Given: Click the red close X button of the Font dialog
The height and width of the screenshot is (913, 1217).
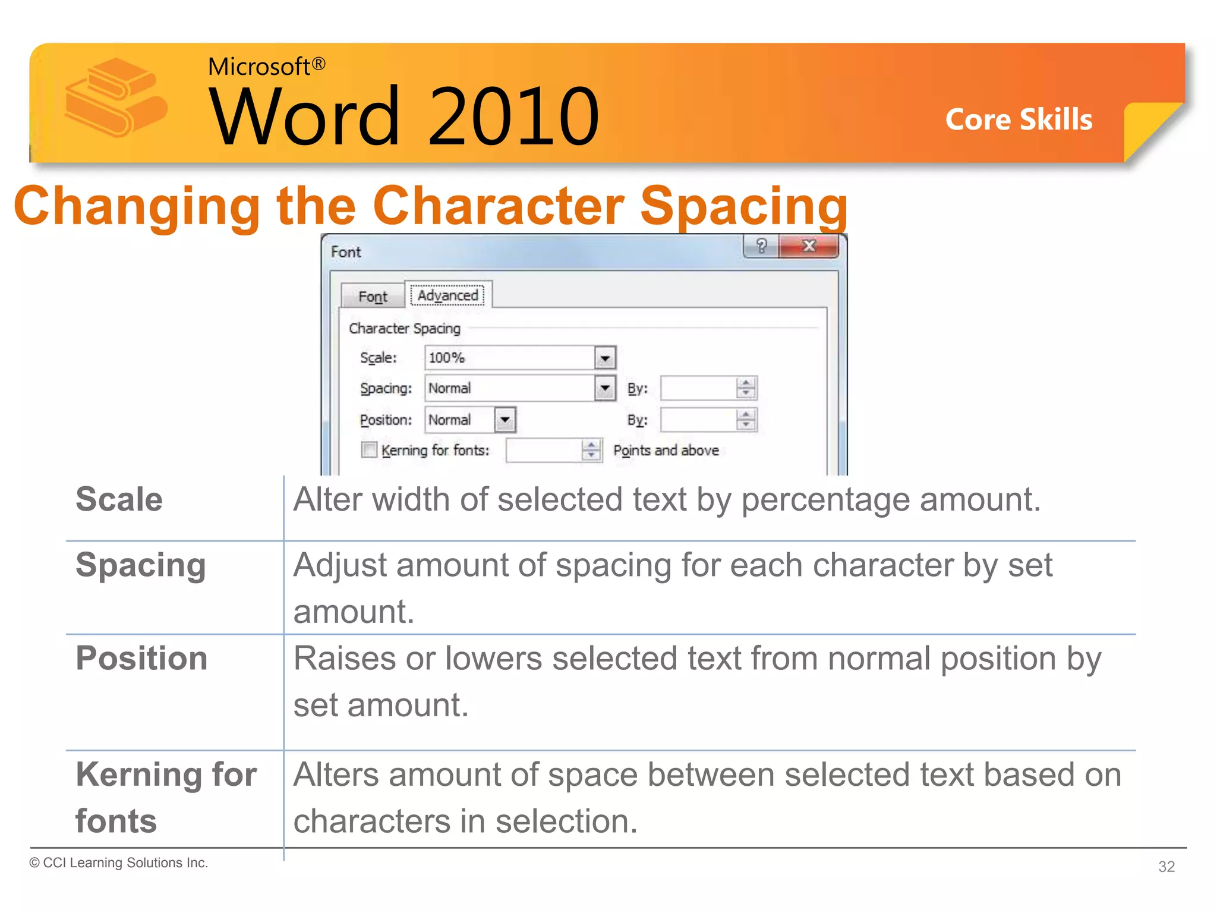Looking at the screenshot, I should point(809,245).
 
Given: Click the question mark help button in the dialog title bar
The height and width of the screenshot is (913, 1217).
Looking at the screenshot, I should point(761,245).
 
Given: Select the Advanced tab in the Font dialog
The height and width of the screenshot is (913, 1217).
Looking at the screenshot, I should point(447,295).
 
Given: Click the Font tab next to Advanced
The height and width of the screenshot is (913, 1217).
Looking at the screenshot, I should point(373,296).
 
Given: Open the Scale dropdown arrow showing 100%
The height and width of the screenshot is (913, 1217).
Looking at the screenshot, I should point(605,358).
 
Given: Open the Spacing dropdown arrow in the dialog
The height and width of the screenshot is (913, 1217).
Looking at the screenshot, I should point(605,388).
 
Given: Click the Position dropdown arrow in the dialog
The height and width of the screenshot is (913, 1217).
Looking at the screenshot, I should point(505,420).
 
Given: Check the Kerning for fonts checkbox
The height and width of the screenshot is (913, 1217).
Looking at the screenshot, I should point(369,450).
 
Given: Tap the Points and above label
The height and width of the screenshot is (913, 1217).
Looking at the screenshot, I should point(666,451).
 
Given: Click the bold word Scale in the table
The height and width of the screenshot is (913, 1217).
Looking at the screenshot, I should point(119,499).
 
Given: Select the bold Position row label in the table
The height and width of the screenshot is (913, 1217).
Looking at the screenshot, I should point(141,658).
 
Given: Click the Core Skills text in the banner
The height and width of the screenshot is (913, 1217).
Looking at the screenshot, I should point(1019,119).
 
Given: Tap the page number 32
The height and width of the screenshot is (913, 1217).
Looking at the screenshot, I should point(1166,866).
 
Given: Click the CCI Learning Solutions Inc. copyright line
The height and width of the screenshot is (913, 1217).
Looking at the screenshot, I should point(119,862).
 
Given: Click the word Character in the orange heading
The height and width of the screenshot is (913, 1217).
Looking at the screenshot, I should point(499,206).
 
